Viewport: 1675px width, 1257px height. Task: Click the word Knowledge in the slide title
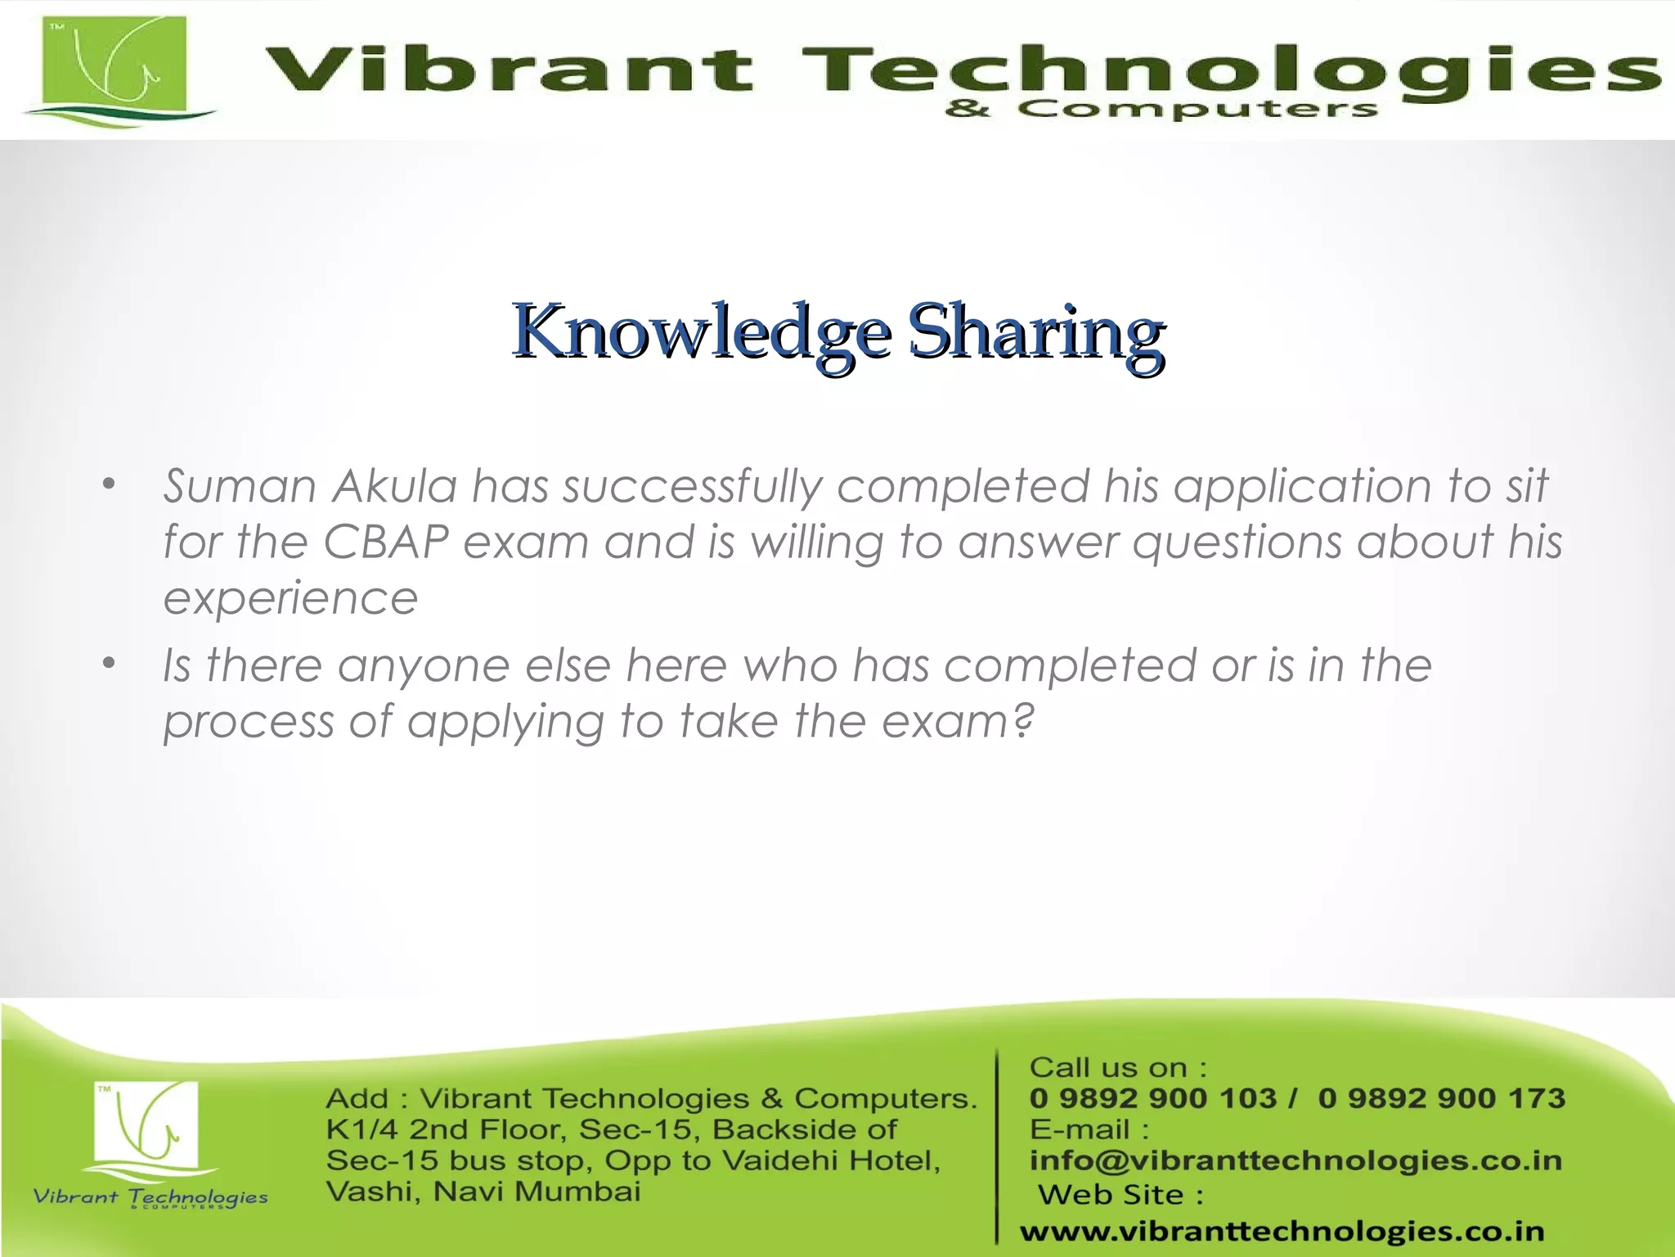point(701,332)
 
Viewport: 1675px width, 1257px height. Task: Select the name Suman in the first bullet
point(239,486)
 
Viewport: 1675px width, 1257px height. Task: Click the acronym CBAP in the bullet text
point(386,542)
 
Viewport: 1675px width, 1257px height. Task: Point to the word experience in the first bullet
point(290,597)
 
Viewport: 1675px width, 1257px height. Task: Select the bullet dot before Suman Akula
point(110,484)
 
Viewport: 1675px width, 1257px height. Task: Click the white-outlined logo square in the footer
point(147,1123)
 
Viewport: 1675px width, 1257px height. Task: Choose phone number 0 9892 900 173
point(1441,1098)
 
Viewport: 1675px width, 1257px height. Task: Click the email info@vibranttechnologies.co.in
point(1296,1160)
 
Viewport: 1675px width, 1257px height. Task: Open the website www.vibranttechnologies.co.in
point(1282,1231)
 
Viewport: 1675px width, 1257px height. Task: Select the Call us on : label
point(1117,1067)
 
